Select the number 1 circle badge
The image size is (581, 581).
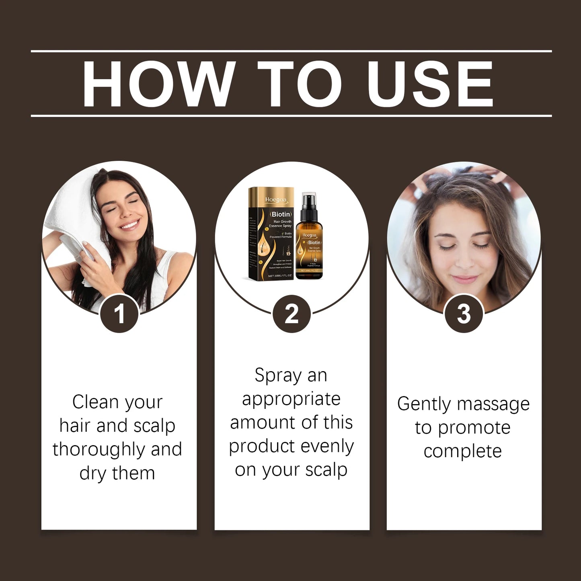click(119, 314)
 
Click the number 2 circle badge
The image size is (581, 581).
click(292, 314)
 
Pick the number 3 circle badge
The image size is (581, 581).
click(464, 314)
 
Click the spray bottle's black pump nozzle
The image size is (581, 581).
click(309, 200)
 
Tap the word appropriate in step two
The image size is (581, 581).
click(291, 400)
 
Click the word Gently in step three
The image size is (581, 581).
click(423, 404)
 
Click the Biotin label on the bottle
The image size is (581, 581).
click(314, 242)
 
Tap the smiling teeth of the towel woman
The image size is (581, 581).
click(130, 224)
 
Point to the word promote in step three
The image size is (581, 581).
click(474, 428)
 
